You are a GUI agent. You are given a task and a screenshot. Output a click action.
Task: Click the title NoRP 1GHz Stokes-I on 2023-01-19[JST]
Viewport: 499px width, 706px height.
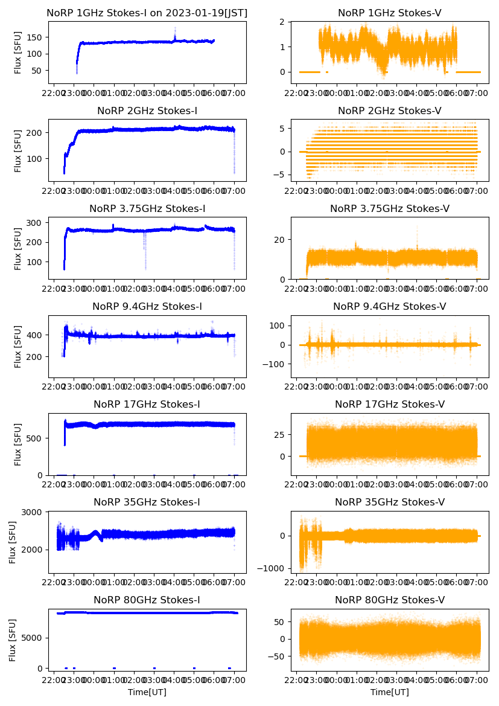[147, 13]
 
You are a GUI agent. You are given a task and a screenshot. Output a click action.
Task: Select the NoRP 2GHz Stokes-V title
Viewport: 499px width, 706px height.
[389, 111]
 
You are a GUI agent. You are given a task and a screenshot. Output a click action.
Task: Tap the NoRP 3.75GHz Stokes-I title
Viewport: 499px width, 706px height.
[147, 209]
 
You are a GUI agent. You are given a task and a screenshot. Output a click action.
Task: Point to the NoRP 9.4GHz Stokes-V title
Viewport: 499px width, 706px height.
[389, 307]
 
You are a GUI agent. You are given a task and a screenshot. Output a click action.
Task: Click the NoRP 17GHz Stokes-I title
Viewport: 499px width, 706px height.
[147, 405]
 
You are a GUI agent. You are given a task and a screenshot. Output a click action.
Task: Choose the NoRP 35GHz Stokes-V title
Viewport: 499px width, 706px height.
[389, 502]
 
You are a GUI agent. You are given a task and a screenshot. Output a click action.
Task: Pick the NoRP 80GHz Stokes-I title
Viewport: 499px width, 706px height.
[147, 600]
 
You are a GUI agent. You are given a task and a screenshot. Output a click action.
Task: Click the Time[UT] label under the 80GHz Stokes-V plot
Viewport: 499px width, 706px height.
[389, 692]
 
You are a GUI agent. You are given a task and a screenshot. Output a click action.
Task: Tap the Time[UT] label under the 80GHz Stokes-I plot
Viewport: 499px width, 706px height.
[147, 692]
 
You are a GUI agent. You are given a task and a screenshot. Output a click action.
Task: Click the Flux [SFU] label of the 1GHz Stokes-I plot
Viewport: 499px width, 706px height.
[18, 53]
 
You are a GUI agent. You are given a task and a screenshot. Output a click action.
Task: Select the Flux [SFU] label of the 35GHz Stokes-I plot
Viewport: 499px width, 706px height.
[13, 542]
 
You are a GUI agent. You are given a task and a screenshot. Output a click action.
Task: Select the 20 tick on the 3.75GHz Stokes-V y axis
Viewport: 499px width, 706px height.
[281, 240]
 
